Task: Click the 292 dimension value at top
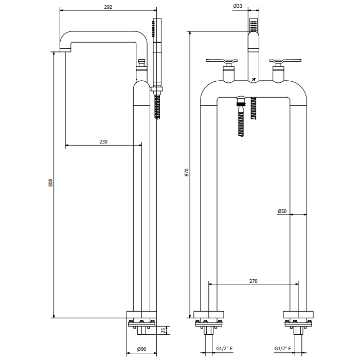coord(109,7)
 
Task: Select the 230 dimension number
coord(103,142)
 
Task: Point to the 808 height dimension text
coord(50,183)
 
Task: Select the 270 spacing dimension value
coord(253,281)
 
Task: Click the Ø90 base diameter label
coord(141,349)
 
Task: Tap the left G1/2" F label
coord(224,349)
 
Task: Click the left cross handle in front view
coord(222,62)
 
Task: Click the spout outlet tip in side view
coord(65,50)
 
